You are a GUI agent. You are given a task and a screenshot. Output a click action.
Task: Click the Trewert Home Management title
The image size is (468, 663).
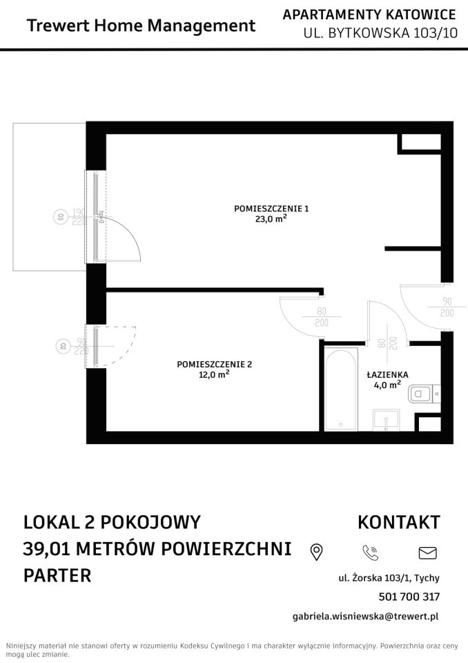coord(141,26)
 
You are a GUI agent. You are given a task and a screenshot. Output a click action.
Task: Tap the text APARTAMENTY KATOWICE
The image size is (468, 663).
coord(369,15)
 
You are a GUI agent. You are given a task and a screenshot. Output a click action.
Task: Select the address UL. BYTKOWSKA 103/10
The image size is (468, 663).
coord(380,32)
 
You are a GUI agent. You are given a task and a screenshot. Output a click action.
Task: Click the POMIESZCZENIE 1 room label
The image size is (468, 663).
coord(271,209)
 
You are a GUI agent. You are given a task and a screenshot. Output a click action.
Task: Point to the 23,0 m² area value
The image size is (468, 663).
coord(271,220)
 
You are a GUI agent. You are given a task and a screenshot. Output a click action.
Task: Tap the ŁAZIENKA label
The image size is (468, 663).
coord(387,374)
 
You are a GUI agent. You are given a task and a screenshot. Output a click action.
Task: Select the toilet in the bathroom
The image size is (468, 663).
coord(420,394)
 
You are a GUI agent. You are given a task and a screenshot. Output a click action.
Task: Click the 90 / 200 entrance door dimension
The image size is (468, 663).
coord(447,307)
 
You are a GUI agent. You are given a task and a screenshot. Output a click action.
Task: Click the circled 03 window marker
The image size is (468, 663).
coord(60,216)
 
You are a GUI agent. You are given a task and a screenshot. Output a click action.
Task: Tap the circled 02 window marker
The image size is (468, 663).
coord(61,346)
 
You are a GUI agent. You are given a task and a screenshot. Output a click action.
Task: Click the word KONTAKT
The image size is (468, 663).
coord(398,521)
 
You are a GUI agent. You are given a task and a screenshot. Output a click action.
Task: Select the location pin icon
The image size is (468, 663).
coord(317,552)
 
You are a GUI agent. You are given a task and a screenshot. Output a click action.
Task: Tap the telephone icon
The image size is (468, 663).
coord(371,552)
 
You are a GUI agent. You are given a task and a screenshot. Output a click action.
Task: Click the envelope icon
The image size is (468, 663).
coord(428,552)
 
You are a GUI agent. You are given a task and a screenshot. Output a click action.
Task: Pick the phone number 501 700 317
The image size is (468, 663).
coord(409,597)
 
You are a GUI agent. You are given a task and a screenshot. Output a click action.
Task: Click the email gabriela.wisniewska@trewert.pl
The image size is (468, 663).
coord(366,616)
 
